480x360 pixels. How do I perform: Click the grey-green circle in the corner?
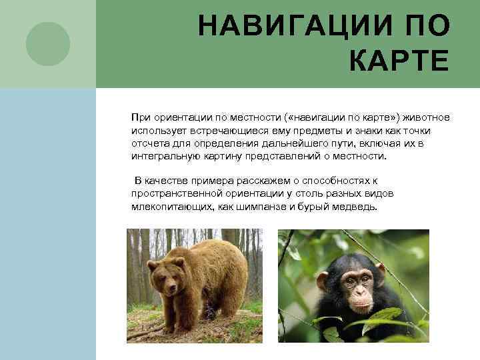point(47,43)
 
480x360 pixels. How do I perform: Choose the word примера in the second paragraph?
point(206,181)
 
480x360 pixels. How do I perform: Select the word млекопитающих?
point(172,207)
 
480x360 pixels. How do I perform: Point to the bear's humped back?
point(213,247)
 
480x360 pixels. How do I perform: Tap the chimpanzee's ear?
point(323,281)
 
